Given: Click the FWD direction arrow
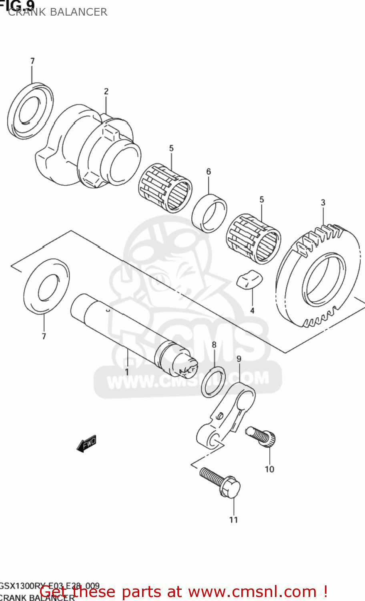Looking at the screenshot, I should (x=86, y=444).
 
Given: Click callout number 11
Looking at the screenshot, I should (x=233, y=520).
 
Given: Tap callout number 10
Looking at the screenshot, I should (x=269, y=469).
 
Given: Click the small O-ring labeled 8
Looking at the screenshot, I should (x=213, y=381).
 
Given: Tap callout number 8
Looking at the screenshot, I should (x=214, y=345).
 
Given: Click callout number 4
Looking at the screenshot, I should (x=252, y=310).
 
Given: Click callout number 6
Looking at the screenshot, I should (x=209, y=171).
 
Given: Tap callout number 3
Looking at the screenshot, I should (x=323, y=202).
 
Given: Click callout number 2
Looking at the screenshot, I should (x=106, y=91).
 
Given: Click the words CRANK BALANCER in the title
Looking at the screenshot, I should (x=58, y=12).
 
